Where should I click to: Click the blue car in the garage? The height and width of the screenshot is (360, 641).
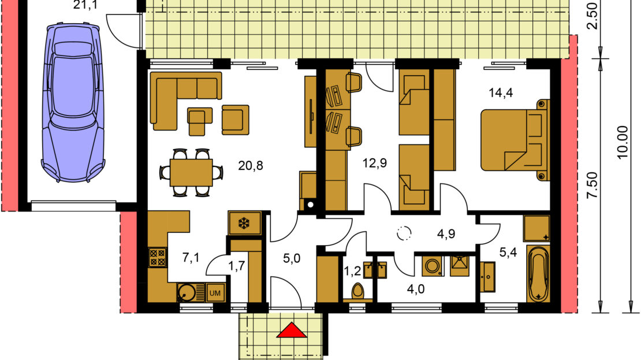click(x=73, y=102)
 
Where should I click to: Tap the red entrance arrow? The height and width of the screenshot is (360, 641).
click(x=291, y=330)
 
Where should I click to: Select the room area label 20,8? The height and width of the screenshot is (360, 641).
click(x=250, y=166)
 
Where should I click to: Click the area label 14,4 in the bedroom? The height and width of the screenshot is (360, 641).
click(x=501, y=93)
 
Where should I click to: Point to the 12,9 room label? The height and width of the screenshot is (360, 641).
click(x=374, y=164)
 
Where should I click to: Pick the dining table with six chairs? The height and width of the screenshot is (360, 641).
click(x=191, y=172)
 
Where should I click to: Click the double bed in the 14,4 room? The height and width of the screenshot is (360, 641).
click(x=515, y=139)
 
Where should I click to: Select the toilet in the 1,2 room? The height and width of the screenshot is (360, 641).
click(x=358, y=292)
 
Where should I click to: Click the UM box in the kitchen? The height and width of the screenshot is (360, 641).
click(x=215, y=293)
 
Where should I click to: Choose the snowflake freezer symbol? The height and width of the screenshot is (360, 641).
click(x=244, y=224)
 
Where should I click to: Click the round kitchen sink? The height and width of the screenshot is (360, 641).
click(x=187, y=292)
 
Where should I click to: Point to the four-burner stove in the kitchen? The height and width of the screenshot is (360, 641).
click(x=158, y=257)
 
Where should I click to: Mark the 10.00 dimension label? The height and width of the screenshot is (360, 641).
click(x=622, y=142)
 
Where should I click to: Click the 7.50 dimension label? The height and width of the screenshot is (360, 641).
click(x=592, y=185)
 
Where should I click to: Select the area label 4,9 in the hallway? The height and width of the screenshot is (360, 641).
click(x=446, y=233)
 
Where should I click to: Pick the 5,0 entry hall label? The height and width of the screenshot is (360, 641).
click(x=292, y=258)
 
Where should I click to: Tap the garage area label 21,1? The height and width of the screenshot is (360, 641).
click(x=85, y=5)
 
